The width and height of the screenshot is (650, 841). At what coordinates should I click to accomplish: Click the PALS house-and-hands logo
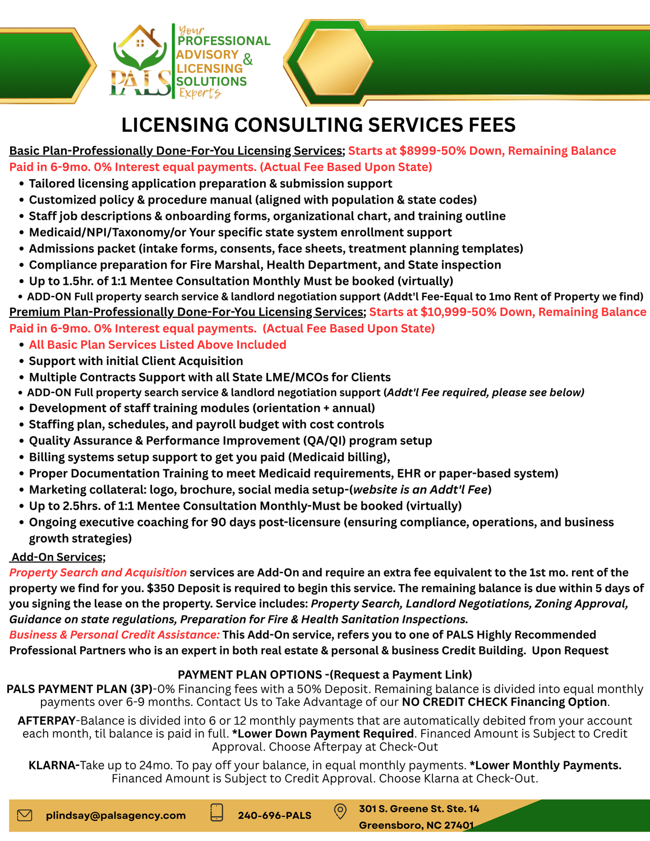pos(140,62)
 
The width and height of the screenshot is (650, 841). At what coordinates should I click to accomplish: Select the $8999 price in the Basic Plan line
pos(418,151)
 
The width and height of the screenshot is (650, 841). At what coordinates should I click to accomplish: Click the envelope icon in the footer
pos(25,815)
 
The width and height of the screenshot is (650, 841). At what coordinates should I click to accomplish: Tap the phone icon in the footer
pos(216,813)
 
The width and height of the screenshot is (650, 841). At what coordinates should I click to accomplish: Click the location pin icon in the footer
pos(340,811)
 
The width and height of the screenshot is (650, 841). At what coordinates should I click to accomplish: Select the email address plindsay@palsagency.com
pos(116,815)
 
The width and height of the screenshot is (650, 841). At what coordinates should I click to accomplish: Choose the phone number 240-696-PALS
pos(274,815)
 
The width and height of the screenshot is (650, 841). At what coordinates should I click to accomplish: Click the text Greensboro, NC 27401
pos(416,825)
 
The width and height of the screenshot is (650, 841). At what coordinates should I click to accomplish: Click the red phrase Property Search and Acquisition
pos(98,572)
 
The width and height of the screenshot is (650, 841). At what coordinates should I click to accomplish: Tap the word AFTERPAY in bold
pos(46,720)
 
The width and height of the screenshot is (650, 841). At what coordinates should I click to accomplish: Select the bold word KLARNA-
pos(54,765)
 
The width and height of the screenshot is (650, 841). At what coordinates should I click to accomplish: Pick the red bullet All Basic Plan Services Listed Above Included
pos(158,345)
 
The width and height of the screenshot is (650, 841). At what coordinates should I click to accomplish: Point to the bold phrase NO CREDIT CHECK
pos(455,702)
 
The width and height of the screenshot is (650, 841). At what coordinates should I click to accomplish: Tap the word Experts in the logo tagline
pos(200,93)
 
